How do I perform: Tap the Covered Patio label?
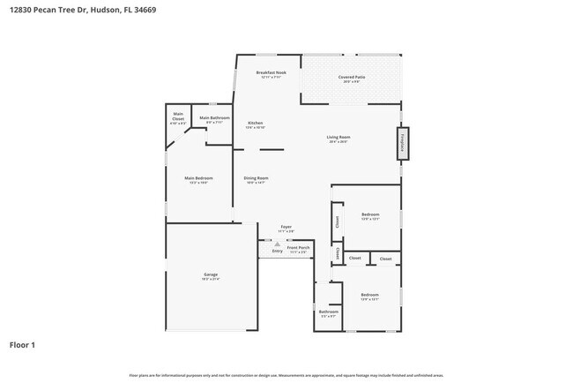pyautogui.click(x=352, y=79)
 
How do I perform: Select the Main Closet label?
pyautogui.click(x=178, y=116)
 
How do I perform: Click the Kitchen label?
pyautogui.click(x=255, y=124)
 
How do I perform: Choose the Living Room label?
pyautogui.click(x=339, y=139)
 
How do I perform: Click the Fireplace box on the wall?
pyautogui.click(x=402, y=144)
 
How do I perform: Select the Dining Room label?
pyautogui.click(x=256, y=180)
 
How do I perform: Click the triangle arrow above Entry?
pyautogui.click(x=277, y=244)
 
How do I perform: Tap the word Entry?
pyautogui.click(x=277, y=251)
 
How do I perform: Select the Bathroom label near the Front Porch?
pyautogui.click(x=328, y=312)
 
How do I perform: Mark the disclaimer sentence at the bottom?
pyautogui.click(x=286, y=375)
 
